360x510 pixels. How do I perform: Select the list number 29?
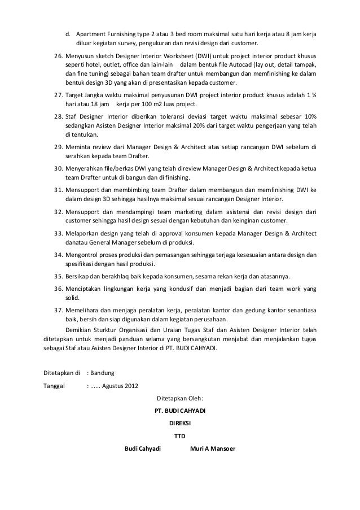point(58,148)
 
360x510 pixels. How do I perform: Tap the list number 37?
point(58,310)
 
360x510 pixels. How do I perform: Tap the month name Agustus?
point(121,386)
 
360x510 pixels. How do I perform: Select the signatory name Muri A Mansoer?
point(213,450)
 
